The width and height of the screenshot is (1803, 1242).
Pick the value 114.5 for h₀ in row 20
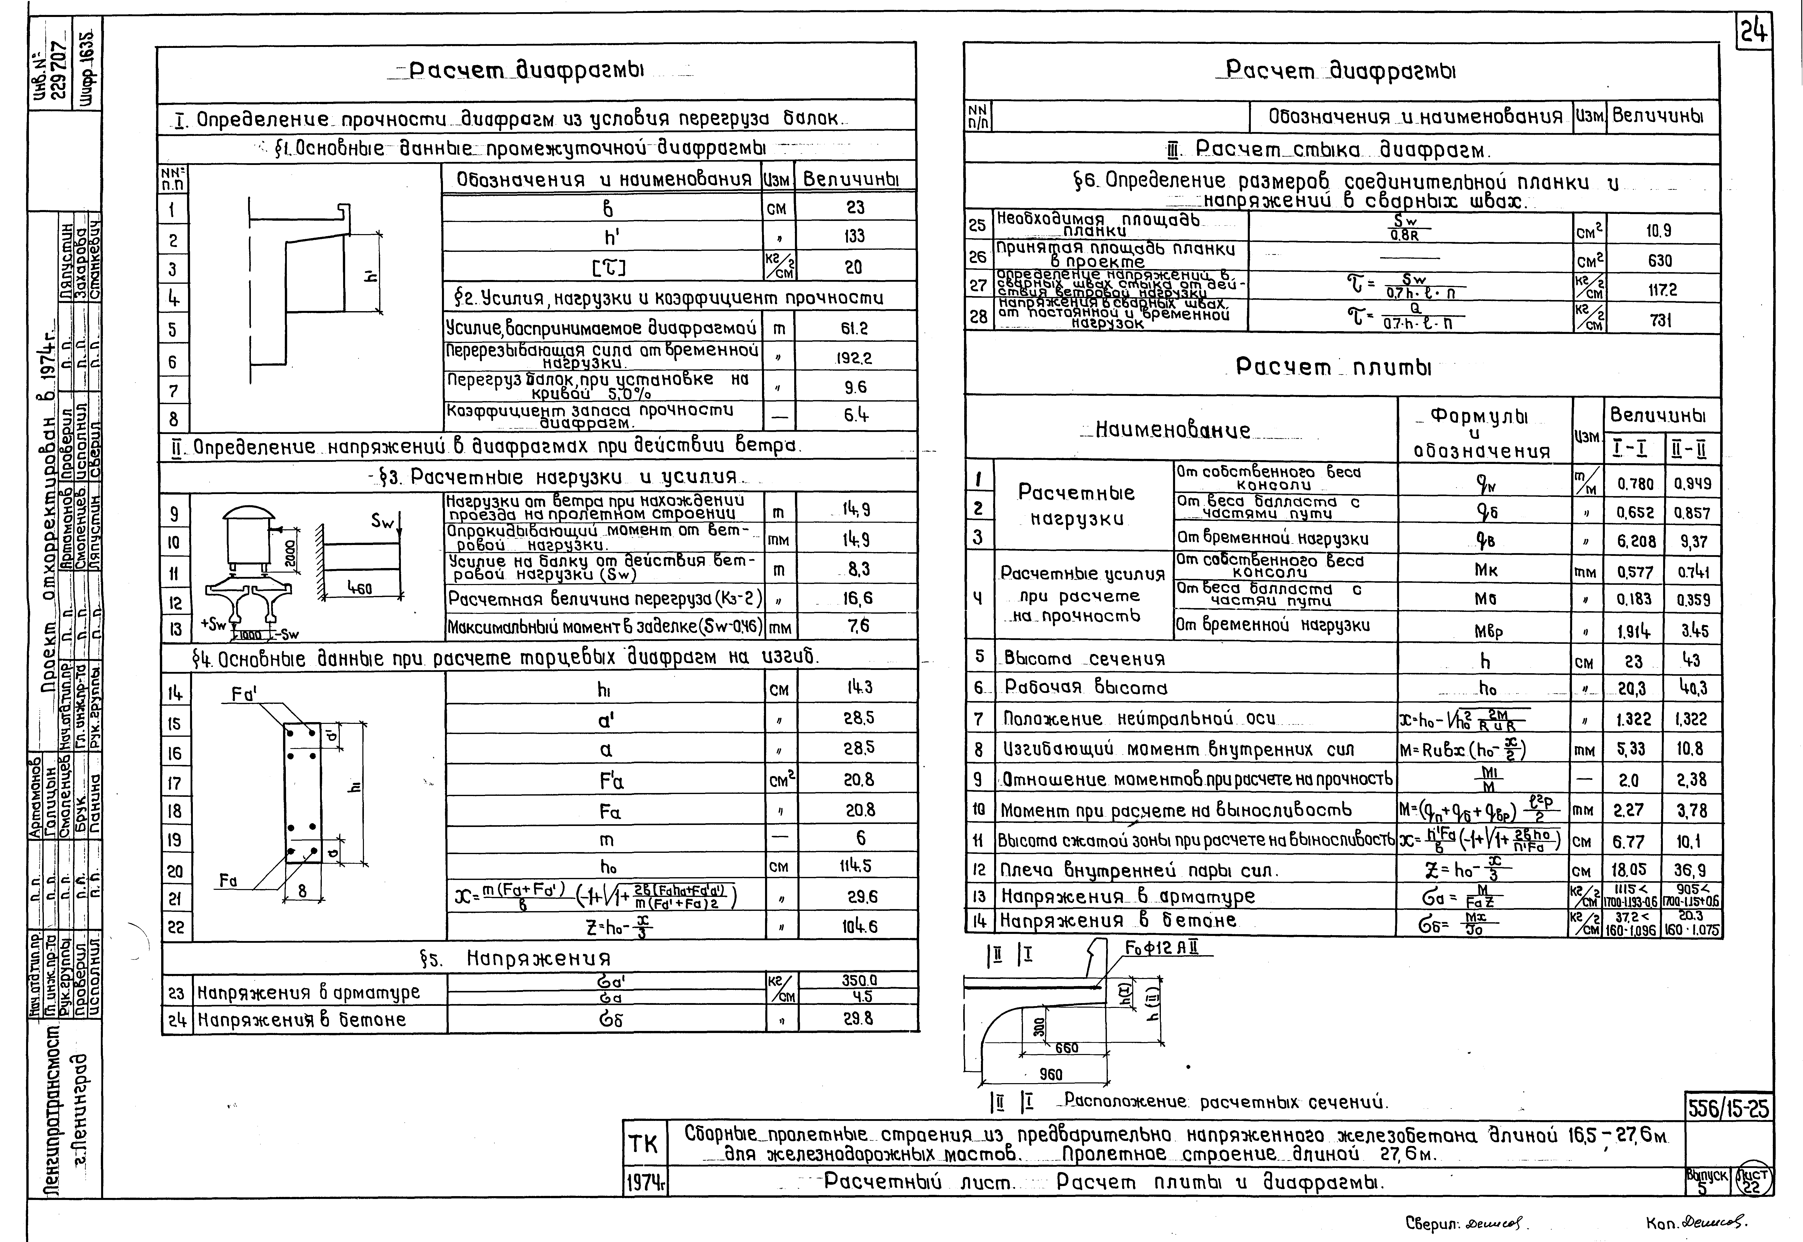pos(859,867)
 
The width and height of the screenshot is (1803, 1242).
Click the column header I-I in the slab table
pos(1633,449)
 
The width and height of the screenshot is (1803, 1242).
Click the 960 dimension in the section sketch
pos(1051,1075)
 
